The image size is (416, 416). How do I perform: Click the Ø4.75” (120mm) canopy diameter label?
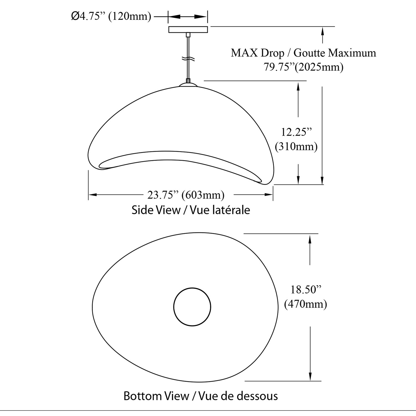[x=111, y=16]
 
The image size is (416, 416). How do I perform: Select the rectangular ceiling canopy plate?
[x=188, y=29]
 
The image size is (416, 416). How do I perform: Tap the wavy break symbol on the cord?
[x=188, y=59]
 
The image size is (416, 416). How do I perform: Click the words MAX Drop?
[x=258, y=53]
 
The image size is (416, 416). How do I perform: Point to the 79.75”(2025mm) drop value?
[x=303, y=67]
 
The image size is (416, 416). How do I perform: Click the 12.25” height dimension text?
[x=296, y=132]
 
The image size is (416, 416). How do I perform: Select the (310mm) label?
[x=296, y=146]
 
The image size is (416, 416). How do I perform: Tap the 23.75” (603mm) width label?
[x=186, y=195]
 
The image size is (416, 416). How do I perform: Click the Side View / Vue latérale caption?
[x=191, y=210]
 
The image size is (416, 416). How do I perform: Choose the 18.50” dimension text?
[x=306, y=290]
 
